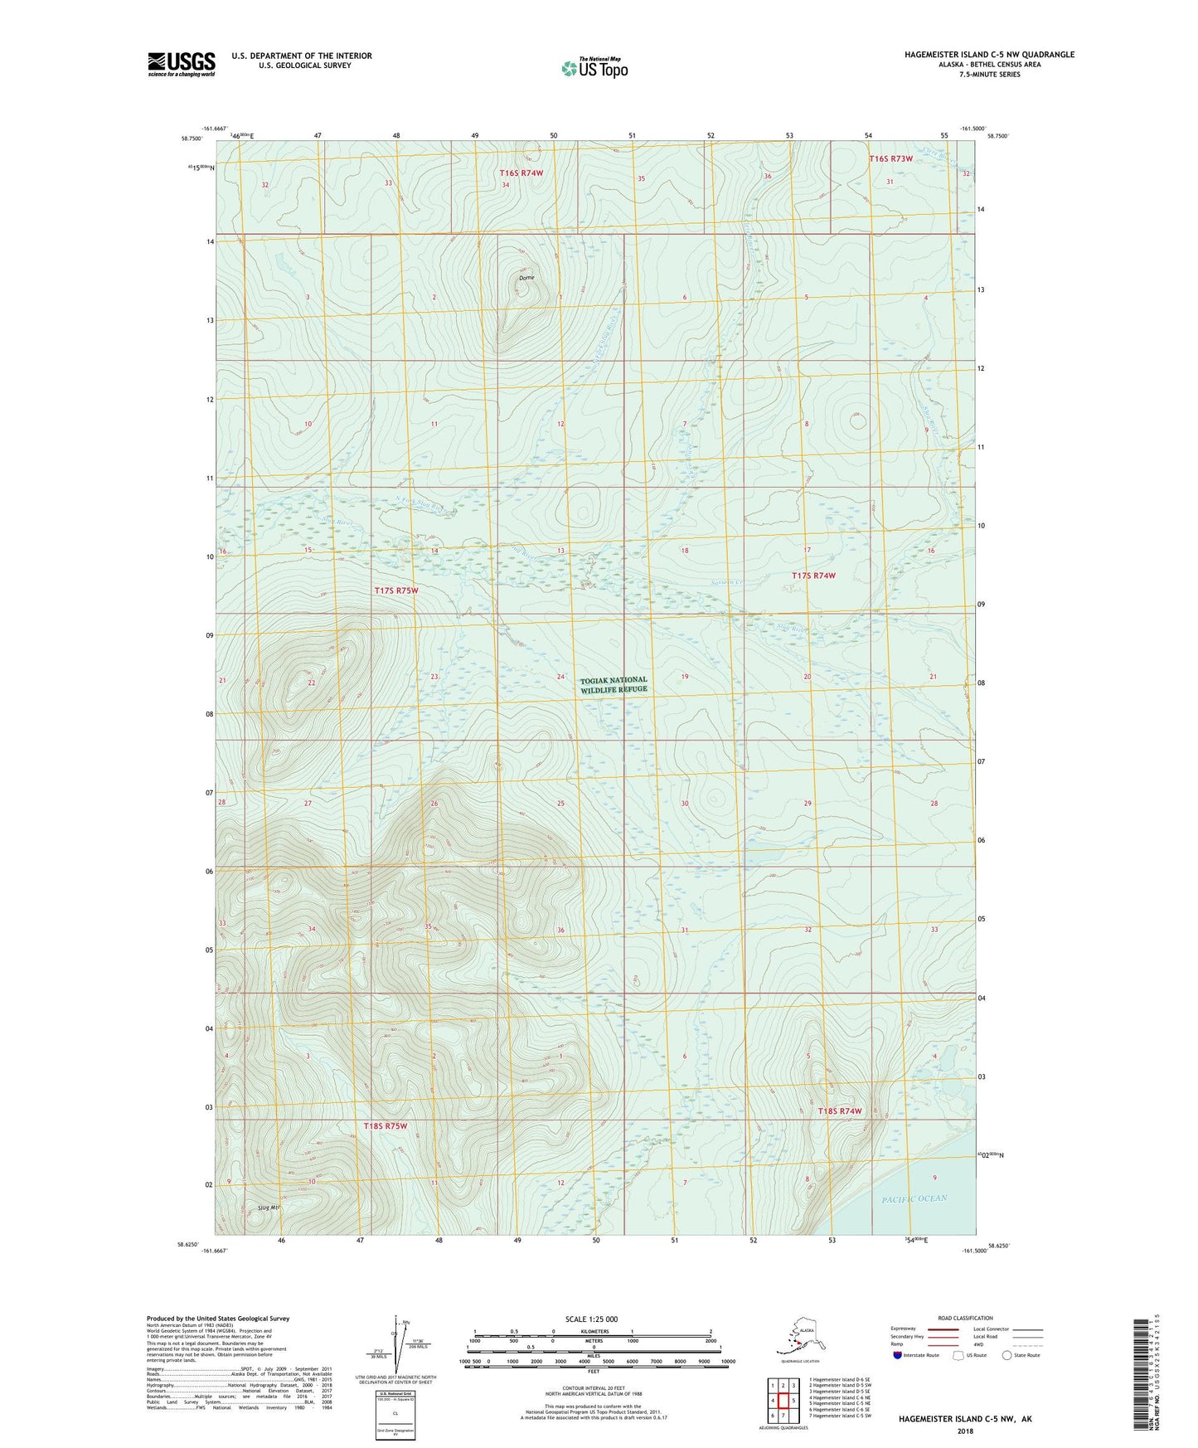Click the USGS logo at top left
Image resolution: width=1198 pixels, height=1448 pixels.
coord(181,64)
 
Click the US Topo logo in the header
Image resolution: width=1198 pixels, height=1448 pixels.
coord(594,68)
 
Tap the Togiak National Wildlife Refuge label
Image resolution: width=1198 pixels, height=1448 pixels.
coord(614,685)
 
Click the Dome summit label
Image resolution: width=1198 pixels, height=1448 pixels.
coord(526,278)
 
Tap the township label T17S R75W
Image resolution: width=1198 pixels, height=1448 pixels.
coord(395,590)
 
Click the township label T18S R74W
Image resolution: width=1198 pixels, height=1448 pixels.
coord(840,1111)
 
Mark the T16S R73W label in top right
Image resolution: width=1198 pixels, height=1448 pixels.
coord(890,158)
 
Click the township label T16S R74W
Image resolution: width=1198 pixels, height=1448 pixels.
coord(521,173)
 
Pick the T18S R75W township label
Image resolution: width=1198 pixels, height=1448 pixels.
coord(386,1126)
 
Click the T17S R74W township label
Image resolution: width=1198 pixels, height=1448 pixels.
coord(813,576)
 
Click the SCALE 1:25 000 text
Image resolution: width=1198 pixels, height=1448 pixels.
coord(592,1319)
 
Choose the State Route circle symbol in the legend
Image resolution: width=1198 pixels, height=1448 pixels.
coord(1007,1355)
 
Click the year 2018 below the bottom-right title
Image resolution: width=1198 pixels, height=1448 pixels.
coord(965,1431)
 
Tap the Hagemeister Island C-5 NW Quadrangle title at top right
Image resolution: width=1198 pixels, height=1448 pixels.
coord(989,55)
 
